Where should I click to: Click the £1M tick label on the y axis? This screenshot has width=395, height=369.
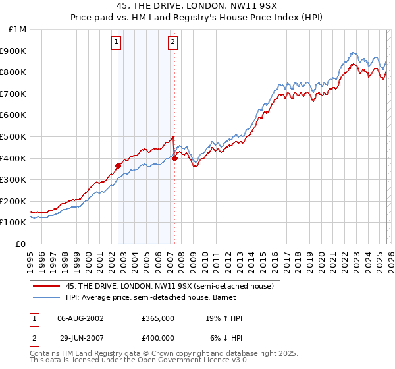coord(18,30)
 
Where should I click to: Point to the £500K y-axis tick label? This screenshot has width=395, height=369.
coord(14,136)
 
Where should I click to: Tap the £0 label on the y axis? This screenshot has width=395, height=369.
coord(21,244)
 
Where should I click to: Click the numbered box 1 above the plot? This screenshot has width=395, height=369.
coord(117,43)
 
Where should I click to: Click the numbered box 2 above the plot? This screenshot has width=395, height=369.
coord(172,43)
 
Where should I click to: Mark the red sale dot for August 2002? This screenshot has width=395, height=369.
coord(118,165)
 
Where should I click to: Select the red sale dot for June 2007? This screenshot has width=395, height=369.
coord(175,158)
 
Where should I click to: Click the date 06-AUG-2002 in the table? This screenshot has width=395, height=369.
coord(81,318)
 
